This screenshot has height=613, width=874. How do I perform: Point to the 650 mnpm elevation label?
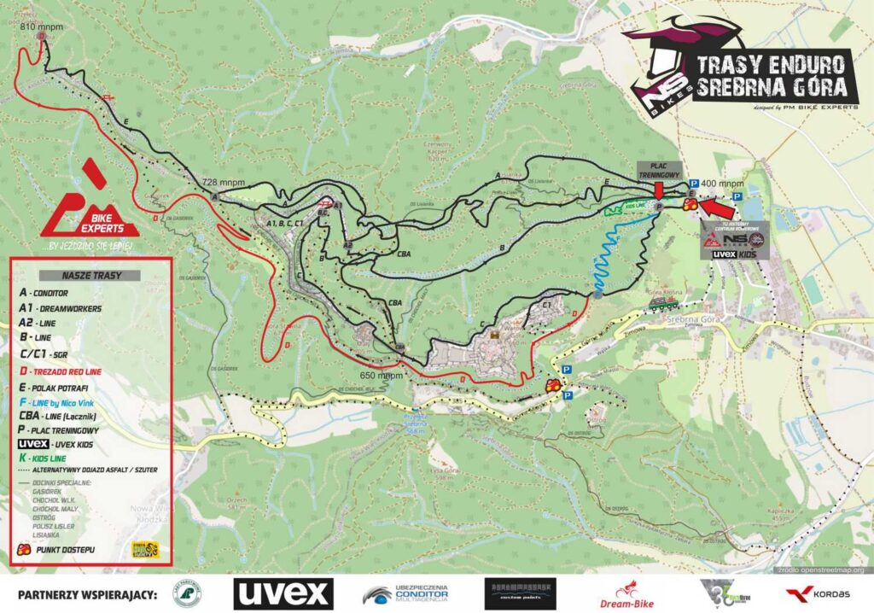381,375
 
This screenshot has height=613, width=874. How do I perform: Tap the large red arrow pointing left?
718,207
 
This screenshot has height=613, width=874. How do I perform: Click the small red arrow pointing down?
660,189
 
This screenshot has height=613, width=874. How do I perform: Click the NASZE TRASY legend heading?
91,276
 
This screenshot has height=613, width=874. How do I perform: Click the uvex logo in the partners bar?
283,593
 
